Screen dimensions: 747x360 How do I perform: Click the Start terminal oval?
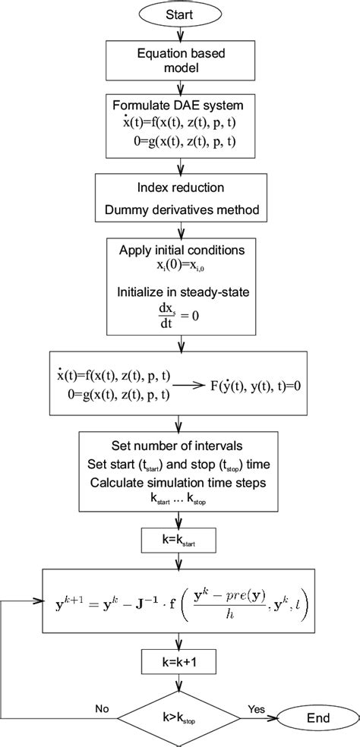[x=180, y=14]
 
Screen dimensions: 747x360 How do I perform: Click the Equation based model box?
[x=180, y=61]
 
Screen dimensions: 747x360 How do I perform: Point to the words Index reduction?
[x=180, y=188]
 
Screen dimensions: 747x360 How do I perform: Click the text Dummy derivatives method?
[x=180, y=208]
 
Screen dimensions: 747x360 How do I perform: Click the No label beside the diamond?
[x=101, y=709]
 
